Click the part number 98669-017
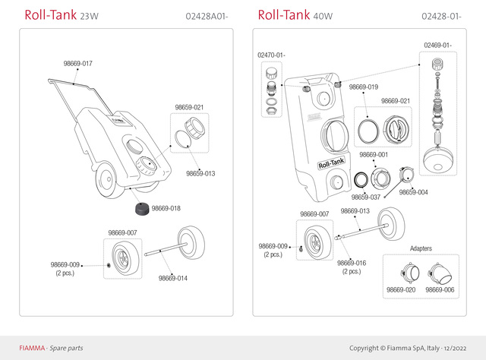click(77, 63)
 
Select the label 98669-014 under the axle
click(173, 278)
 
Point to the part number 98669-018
click(166, 208)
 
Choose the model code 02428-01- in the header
click(440, 17)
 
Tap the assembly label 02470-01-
click(271, 55)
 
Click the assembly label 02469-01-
click(437, 45)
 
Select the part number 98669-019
click(364, 87)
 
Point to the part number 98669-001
click(374, 155)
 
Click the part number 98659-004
click(414, 192)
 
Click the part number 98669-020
click(401, 290)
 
